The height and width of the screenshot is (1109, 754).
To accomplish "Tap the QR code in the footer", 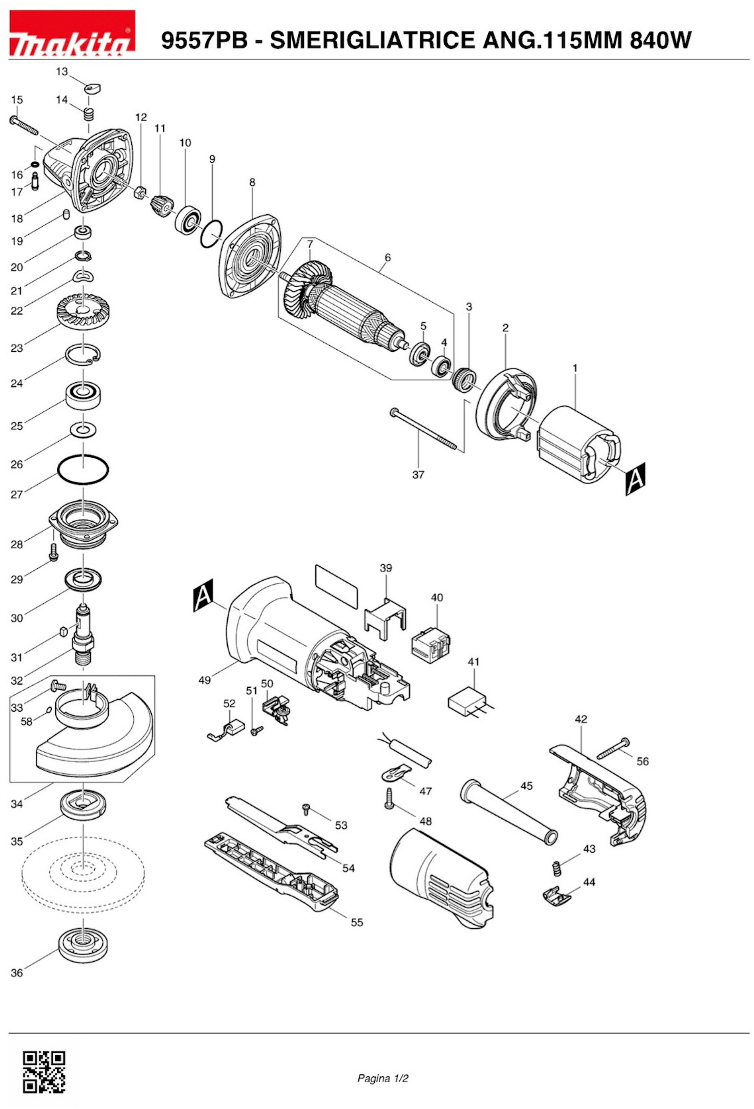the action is tap(44, 1071).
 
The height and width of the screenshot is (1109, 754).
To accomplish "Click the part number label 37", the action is tap(418, 475).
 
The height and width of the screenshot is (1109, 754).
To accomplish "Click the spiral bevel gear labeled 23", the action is tap(83, 313).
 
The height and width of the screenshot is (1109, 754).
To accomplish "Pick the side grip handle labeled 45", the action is tap(508, 811).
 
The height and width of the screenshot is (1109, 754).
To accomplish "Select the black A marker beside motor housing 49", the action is tap(203, 595).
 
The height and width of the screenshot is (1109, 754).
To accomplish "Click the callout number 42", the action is tap(581, 719).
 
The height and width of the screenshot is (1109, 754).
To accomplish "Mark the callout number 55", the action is tap(357, 922).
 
